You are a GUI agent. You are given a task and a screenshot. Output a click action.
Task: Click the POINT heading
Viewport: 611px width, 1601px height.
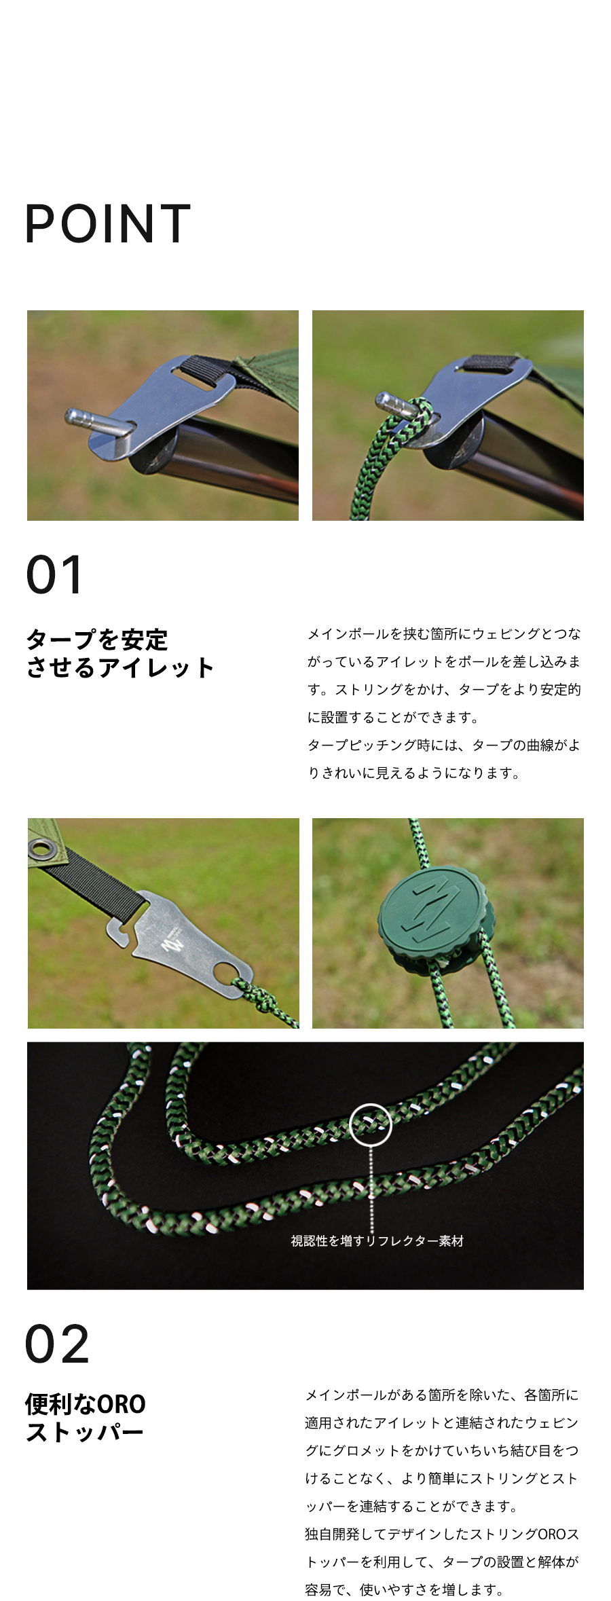pyautogui.click(x=107, y=223)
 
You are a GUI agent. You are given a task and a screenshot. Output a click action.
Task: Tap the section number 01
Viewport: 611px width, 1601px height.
pyautogui.click(x=54, y=574)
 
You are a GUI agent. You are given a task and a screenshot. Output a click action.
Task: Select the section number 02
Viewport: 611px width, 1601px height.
pyautogui.click(x=57, y=1344)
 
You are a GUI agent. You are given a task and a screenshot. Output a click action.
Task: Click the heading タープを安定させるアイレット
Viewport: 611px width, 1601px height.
pyautogui.click(x=119, y=653)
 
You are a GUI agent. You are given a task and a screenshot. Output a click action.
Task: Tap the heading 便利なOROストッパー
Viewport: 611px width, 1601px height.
pyautogui.click(x=86, y=1417)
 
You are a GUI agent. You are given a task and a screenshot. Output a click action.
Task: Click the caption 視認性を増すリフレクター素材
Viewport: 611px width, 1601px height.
pyautogui.click(x=377, y=1240)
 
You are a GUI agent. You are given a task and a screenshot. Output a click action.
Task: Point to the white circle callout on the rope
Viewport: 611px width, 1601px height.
pyautogui.click(x=371, y=1124)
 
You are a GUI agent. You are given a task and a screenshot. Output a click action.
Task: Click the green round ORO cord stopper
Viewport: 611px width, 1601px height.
pyautogui.click(x=435, y=919)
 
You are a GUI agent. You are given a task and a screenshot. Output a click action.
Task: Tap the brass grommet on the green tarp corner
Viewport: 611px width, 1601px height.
pyautogui.click(x=42, y=849)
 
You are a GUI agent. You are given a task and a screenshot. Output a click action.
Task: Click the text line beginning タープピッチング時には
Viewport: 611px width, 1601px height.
pyautogui.click(x=444, y=745)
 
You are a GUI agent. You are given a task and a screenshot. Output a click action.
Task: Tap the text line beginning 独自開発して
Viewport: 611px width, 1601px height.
pyautogui.click(x=441, y=1534)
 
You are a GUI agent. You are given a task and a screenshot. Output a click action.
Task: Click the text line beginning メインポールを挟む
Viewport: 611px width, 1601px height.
pyautogui.click(x=444, y=633)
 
